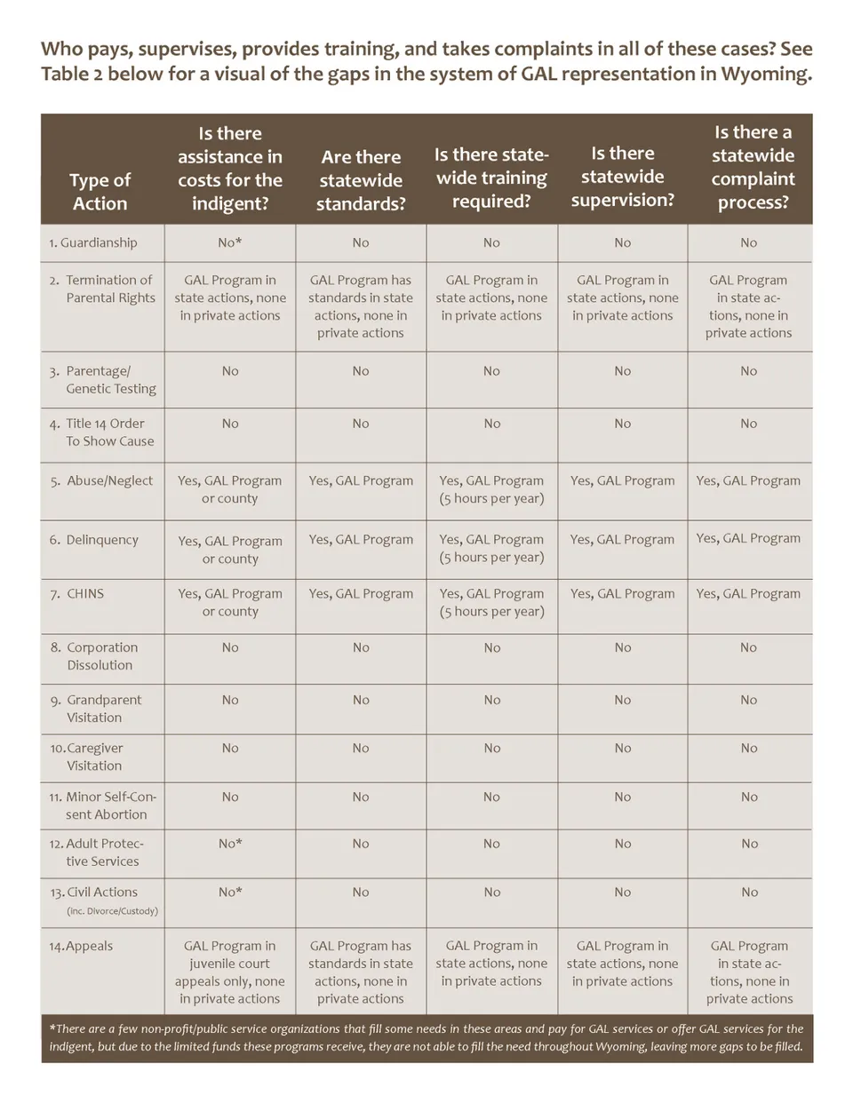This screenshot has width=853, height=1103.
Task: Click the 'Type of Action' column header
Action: (x=100, y=191)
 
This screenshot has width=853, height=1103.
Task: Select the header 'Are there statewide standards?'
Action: (x=361, y=180)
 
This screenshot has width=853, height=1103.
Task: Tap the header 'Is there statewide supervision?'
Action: (x=622, y=177)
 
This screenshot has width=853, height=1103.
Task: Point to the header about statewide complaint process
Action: (x=752, y=167)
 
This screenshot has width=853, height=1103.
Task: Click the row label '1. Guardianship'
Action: (x=93, y=242)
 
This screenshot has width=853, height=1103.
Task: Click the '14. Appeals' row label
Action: (x=81, y=946)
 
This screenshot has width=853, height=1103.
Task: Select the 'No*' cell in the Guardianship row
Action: (x=230, y=242)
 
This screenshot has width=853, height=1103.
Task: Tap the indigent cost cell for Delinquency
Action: (x=230, y=550)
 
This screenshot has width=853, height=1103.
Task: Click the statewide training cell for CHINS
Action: (x=491, y=602)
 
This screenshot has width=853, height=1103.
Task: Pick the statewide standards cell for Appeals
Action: (x=361, y=972)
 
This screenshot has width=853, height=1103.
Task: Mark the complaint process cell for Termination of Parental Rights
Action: (x=748, y=306)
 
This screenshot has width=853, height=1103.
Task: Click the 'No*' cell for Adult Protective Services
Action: (x=230, y=844)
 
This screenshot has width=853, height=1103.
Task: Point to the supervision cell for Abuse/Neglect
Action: (x=622, y=480)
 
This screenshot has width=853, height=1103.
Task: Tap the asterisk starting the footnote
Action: (x=52, y=1028)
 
